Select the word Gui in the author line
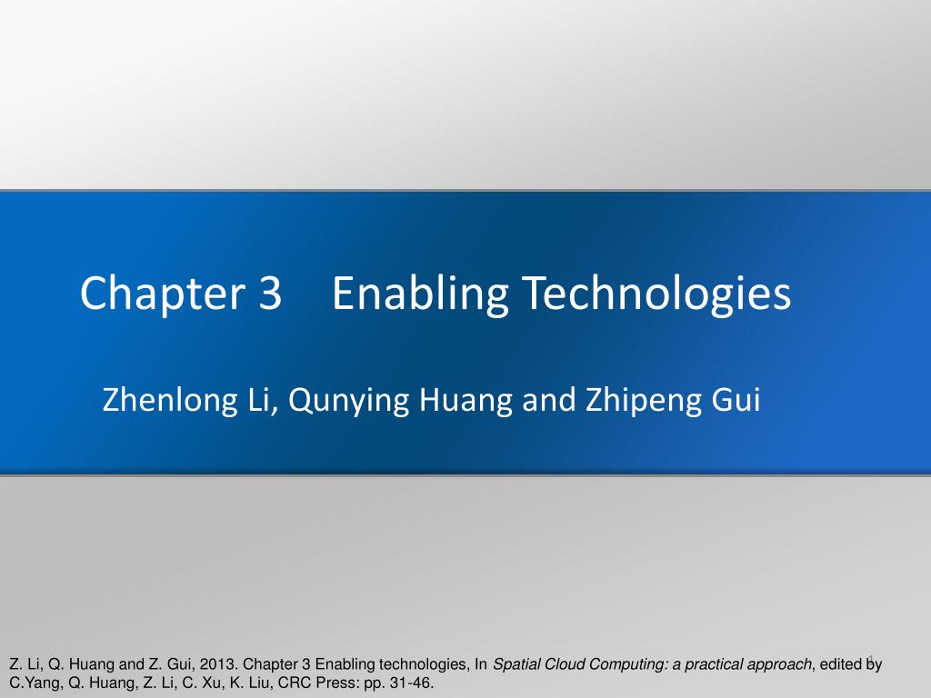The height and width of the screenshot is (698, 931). (x=736, y=400)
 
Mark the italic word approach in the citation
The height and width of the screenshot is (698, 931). (x=781, y=664)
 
